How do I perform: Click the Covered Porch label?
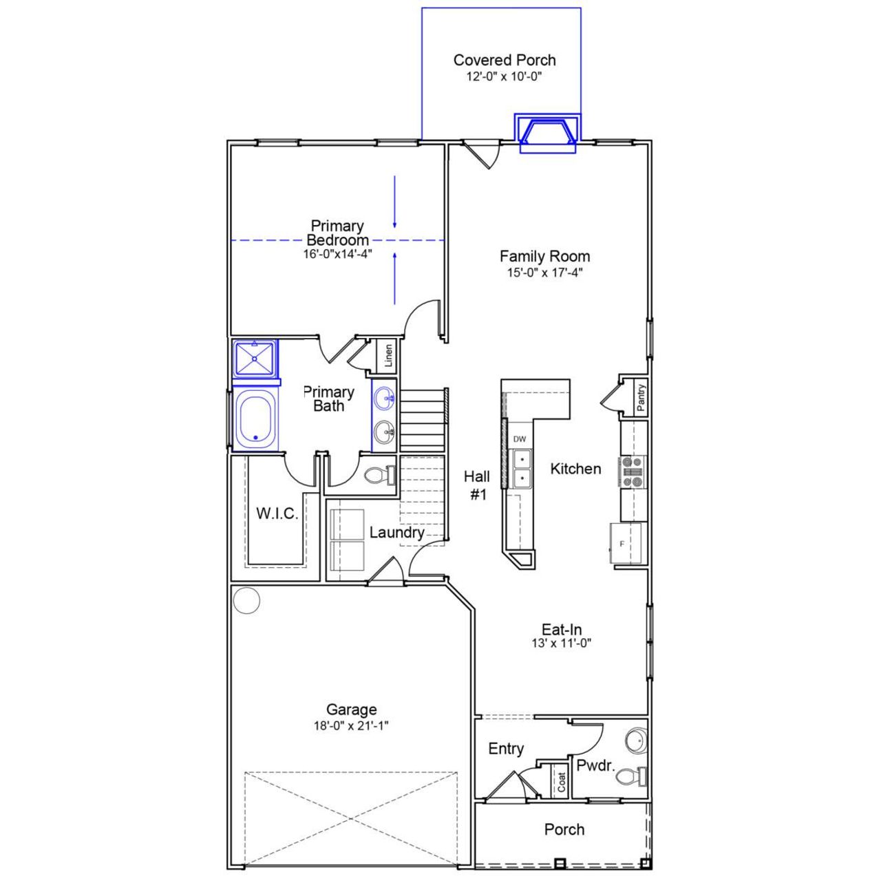click(x=505, y=61)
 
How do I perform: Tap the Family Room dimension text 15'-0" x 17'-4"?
click(x=544, y=273)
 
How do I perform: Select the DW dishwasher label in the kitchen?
click(x=520, y=439)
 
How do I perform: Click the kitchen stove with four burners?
click(x=632, y=472)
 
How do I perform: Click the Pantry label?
click(x=641, y=398)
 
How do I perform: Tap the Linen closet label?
click(x=388, y=356)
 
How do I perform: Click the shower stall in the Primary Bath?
click(x=255, y=358)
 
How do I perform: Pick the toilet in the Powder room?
click(x=630, y=777)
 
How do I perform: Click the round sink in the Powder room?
click(x=636, y=741)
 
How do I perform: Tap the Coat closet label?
click(x=562, y=781)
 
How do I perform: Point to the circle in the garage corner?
click(x=246, y=600)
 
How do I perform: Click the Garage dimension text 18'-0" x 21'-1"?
click(x=352, y=725)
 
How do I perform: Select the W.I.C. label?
click(x=277, y=513)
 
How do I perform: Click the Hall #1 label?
click(x=477, y=485)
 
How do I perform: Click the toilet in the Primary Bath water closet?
click(x=378, y=475)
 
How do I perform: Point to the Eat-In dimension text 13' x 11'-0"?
click(x=562, y=644)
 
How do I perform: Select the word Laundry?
click(x=396, y=533)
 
